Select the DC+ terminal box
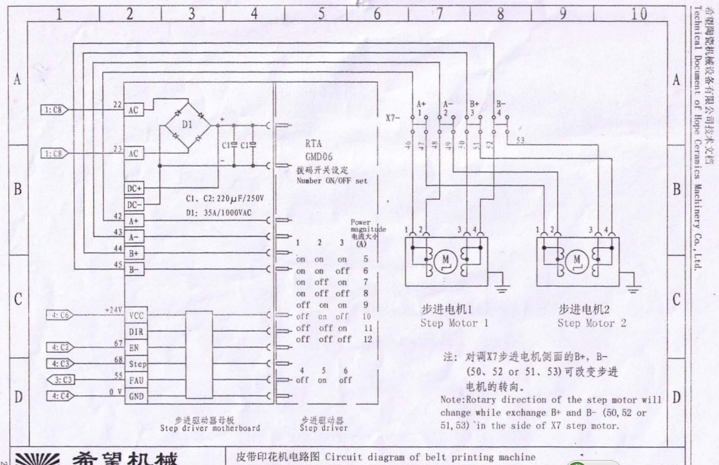click(134, 188)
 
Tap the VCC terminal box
click(135, 315)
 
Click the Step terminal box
click(137, 364)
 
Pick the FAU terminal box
click(136, 381)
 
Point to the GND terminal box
click(136, 397)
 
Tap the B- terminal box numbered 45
click(134, 269)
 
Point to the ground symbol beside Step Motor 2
click(634, 290)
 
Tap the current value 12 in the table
click(367, 340)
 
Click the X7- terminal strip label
click(393, 117)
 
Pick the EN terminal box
click(134, 348)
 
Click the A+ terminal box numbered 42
click(134, 221)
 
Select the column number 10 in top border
click(639, 14)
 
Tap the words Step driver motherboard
click(210, 428)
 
